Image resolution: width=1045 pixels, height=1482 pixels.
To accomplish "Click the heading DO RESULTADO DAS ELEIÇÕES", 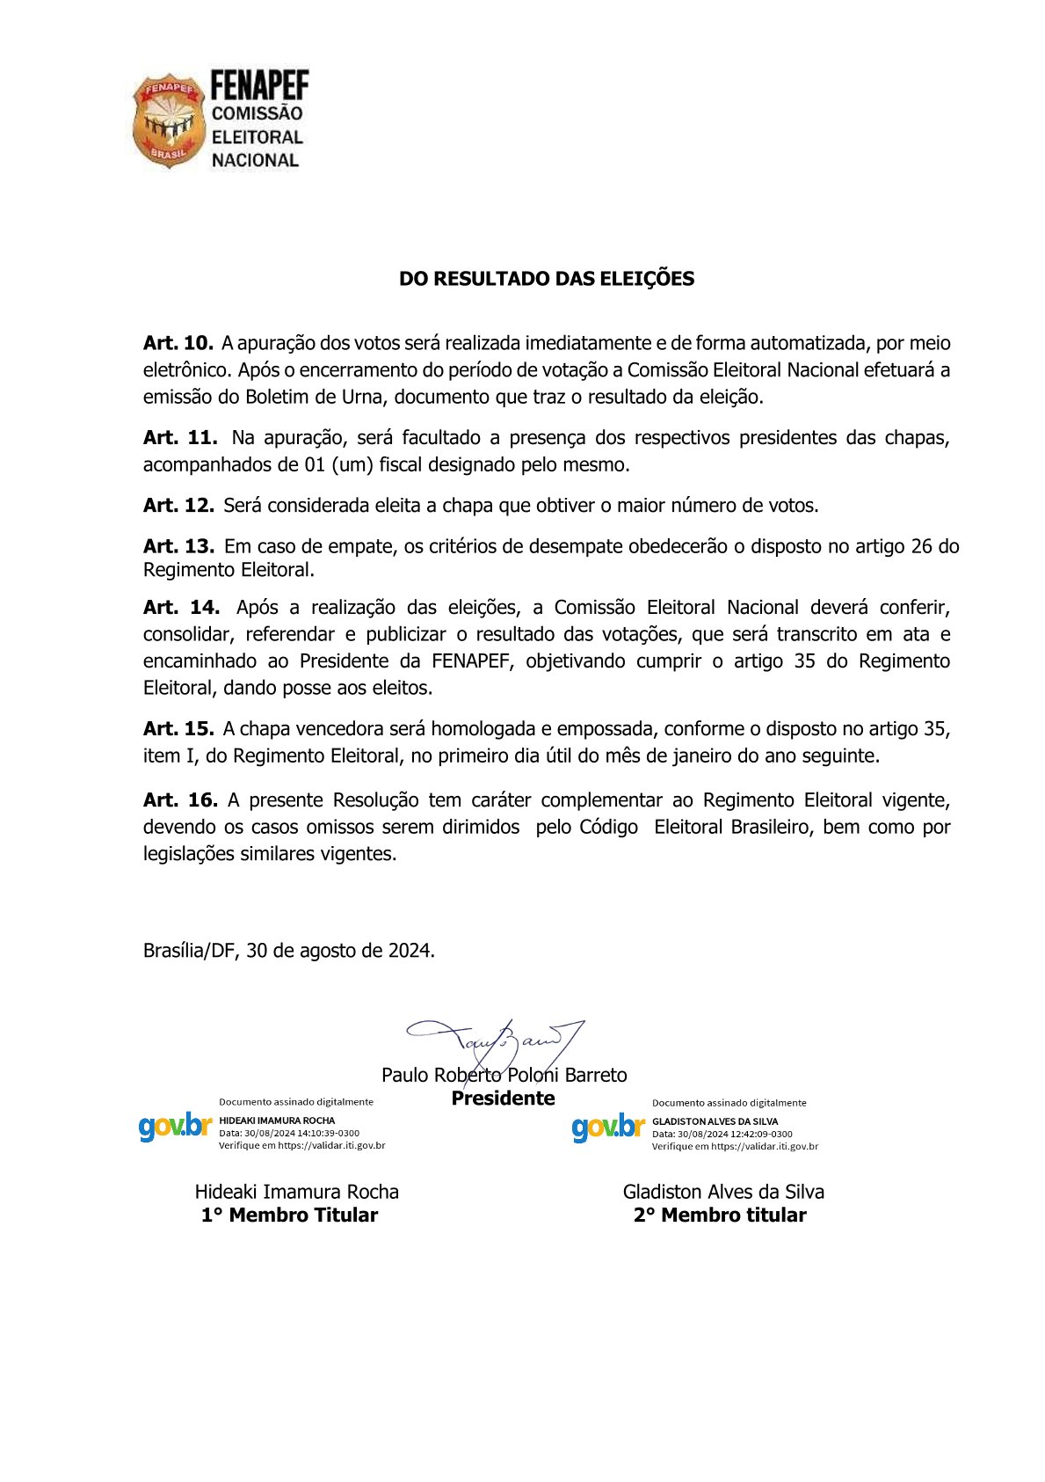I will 546,279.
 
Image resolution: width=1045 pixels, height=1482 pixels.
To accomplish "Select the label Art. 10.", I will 178,343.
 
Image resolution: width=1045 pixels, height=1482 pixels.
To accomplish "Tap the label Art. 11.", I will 180,438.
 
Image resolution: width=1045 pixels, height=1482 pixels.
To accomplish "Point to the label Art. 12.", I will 178,506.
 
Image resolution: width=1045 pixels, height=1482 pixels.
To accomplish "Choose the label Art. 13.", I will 178,546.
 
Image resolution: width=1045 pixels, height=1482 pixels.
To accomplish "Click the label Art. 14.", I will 181,608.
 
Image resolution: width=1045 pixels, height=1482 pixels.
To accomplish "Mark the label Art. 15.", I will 178,729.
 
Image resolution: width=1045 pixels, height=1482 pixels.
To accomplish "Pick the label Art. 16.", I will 180,800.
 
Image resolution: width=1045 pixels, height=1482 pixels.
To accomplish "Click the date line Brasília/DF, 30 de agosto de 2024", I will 289,951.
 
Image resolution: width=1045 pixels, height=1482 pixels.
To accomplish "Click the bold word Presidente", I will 503,1099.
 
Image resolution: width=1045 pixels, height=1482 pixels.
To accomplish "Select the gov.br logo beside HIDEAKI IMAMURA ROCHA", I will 175,1128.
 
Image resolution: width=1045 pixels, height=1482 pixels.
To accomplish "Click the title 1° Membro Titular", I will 289,1216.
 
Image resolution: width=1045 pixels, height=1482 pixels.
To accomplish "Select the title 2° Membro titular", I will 720,1216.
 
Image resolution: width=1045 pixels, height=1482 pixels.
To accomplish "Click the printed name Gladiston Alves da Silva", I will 723,1193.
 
